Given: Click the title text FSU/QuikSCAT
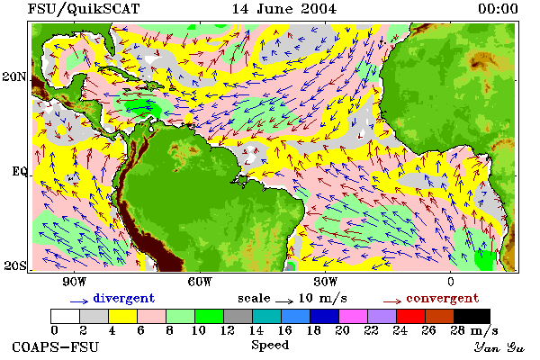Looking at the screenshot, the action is coord(84,9).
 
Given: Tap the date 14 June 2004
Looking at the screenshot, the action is coord(284,9).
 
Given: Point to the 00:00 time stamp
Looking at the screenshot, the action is coord(498,9).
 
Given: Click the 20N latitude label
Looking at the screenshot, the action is coord(14,76).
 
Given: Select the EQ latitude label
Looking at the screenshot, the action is coord(19,171).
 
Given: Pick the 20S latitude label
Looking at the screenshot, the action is coord(14,265).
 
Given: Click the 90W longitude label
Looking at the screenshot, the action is coord(74,282).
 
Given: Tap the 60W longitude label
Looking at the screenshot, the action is coord(200,282).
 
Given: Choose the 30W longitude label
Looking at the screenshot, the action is coord(325,282).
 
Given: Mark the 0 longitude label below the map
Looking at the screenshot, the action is coord(451,282).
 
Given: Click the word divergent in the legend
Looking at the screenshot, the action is coord(124,299).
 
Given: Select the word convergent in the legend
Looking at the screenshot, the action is coord(443,298).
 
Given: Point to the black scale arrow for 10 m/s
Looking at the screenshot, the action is coord(284,301).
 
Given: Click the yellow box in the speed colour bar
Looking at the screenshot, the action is coord(122,316).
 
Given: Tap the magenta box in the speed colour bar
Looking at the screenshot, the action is coord(353,316).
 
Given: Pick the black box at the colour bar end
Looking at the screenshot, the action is coord(472,316).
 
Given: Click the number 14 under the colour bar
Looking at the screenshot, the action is coord(256,330).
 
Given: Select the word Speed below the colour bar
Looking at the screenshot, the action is coord(270,346).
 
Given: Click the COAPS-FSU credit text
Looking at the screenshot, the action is coord(56,346).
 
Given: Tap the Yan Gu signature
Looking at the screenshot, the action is coord(499,347).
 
